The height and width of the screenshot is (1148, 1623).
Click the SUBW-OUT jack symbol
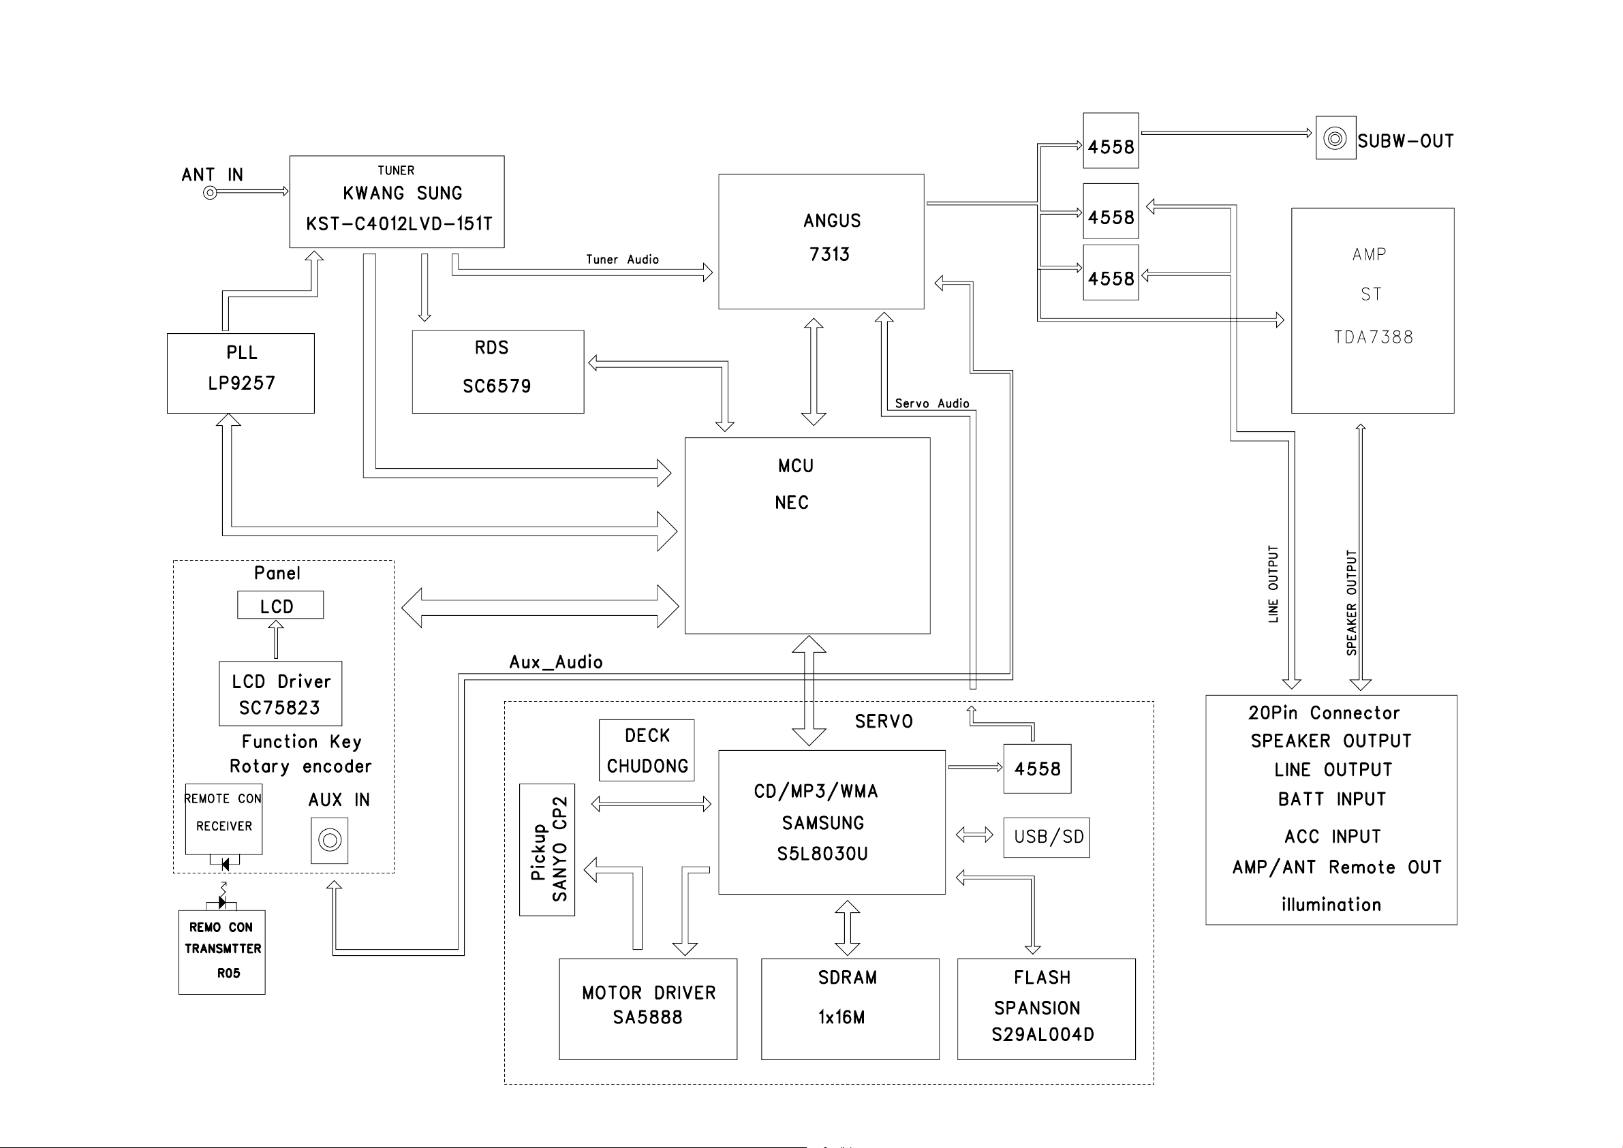point(1335,138)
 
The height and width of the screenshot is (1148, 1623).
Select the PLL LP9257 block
point(241,373)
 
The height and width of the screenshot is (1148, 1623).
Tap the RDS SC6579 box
point(497,372)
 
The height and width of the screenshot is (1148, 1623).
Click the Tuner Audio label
point(622,260)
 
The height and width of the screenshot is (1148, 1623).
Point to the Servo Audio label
point(931,403)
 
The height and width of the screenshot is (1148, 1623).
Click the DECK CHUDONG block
point(646,751)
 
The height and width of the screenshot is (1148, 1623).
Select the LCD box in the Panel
point(280,605)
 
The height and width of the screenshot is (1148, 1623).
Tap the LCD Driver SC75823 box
point(280,694)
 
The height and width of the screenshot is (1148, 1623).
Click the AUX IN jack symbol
point(329,841)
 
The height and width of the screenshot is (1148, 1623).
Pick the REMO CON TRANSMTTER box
point(222,952)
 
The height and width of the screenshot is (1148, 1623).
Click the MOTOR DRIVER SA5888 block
point(647,1010)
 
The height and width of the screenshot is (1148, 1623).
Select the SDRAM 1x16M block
point(850,1010)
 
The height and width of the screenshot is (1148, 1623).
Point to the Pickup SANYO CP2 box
point(547,850)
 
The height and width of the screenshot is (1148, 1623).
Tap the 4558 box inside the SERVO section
point(1037,769)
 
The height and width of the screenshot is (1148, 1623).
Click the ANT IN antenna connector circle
point(210,193)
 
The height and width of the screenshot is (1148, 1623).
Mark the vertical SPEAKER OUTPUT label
point(1352,603)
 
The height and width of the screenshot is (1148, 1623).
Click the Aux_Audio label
point(555,662)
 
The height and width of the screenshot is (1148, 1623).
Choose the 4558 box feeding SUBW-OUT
point(1111,140)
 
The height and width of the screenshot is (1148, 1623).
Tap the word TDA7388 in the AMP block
point(1373,337)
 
